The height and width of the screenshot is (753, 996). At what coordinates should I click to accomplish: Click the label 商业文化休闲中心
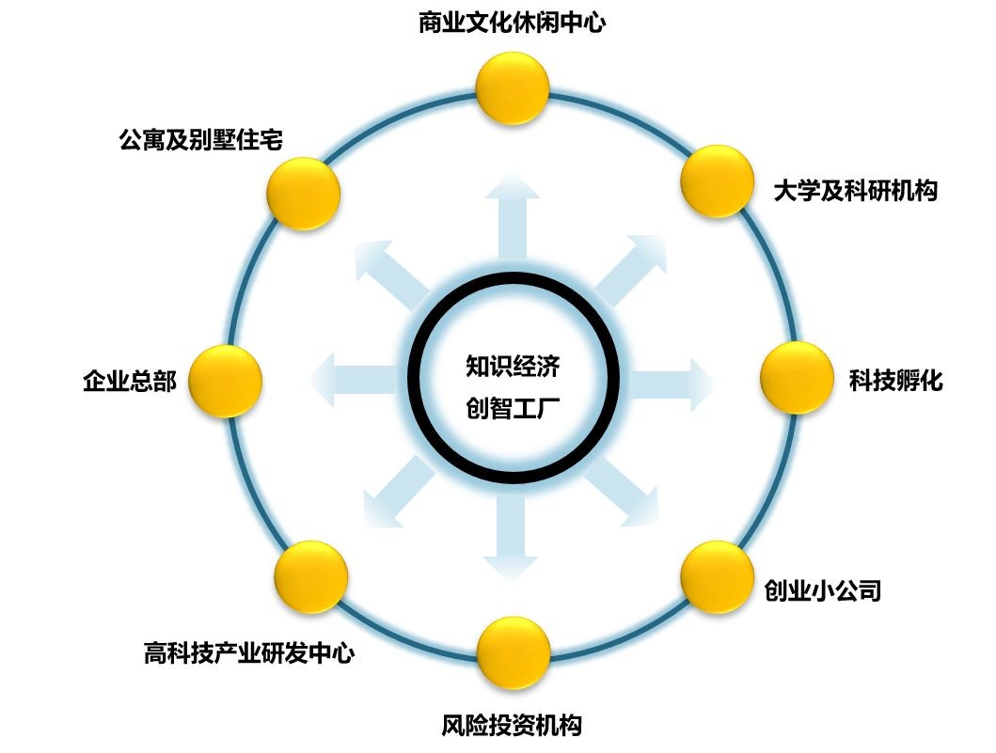[512, 23]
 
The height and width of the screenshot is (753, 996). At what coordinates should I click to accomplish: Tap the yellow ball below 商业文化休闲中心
[513, 89]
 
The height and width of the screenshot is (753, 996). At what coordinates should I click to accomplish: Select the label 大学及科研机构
[855, 191]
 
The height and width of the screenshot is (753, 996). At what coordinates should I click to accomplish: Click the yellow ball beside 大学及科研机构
[718, 181]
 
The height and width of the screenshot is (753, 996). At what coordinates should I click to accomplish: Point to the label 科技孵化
[896, 381]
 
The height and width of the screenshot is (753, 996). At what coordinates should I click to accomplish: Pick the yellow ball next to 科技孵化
[797, 378]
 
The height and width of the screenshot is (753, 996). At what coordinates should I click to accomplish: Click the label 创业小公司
[823, 590]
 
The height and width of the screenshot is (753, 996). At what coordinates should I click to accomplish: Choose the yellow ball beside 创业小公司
[718, 577]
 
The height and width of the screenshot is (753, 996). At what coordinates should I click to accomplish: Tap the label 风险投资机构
[512, 725]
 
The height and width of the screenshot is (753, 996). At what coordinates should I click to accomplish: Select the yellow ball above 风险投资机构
[514, 652]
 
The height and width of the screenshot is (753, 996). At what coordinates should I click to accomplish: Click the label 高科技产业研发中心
[249, 652]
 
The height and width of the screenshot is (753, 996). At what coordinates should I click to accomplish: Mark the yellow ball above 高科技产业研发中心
[311, 577]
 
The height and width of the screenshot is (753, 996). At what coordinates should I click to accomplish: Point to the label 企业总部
[130, 381]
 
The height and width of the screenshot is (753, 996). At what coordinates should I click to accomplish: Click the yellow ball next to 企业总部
[226, 381]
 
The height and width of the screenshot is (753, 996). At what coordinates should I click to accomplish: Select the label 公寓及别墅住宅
[201, 140]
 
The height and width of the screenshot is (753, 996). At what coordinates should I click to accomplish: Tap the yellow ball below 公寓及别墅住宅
[303, 194]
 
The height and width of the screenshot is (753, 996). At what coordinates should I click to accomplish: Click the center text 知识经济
[513, 366]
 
